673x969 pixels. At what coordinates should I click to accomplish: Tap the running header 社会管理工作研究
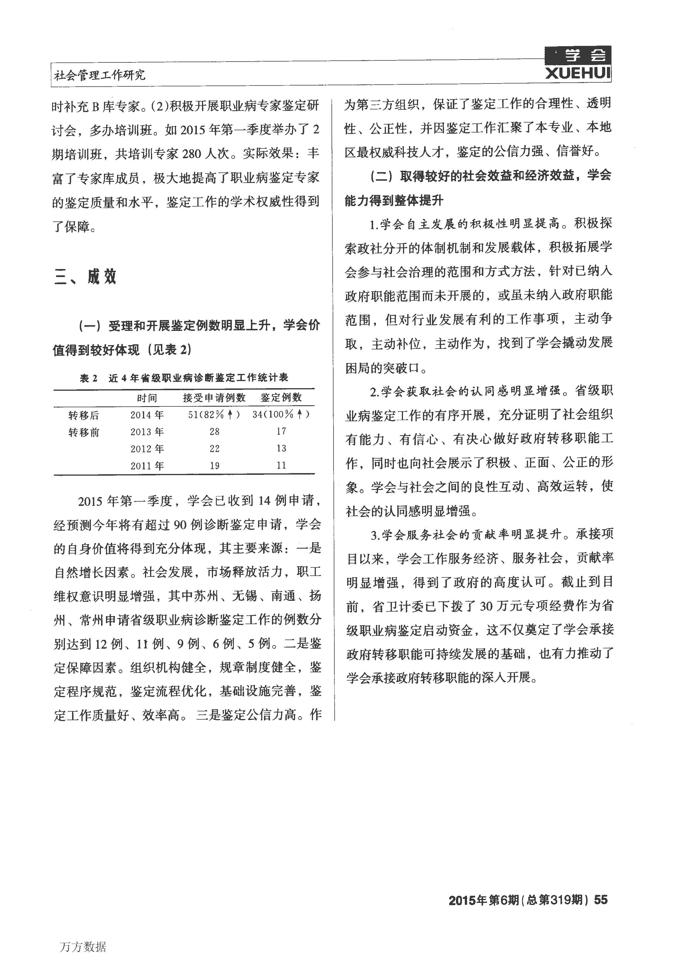click(x=100, y=75)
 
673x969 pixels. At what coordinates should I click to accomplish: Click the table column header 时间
click(x=147, y=397)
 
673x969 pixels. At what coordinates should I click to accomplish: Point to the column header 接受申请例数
click(x=214, y=397)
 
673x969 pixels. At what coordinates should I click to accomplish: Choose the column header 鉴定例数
click(x=281, y=397)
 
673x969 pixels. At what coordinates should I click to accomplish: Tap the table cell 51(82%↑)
click(x=214, y=415)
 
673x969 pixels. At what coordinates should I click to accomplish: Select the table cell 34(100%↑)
click(x=281, y=415)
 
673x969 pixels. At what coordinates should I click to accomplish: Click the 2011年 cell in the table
click(x=147, y=466)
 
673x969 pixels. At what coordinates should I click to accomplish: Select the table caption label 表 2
click(x=89, y=378)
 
